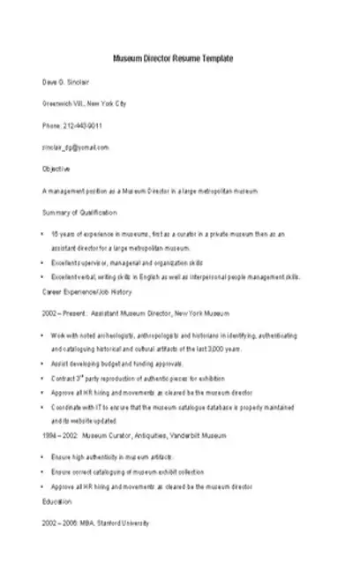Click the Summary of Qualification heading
79,213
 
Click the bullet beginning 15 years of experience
168,235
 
